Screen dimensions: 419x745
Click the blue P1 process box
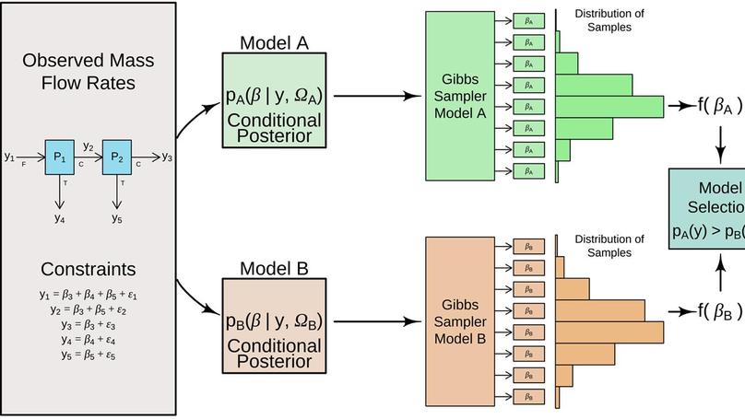coord(59,157)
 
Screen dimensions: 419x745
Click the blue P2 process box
coord(117,157)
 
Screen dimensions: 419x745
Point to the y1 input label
coord(9,157)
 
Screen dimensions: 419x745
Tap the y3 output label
coord(167,157)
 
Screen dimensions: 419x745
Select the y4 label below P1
coord(59,218)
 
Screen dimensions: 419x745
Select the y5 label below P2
coord(117,218)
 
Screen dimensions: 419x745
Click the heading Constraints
coord(89,270)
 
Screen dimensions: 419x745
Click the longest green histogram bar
coord(609,106)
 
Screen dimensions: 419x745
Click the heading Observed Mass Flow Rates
coord(89,72)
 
